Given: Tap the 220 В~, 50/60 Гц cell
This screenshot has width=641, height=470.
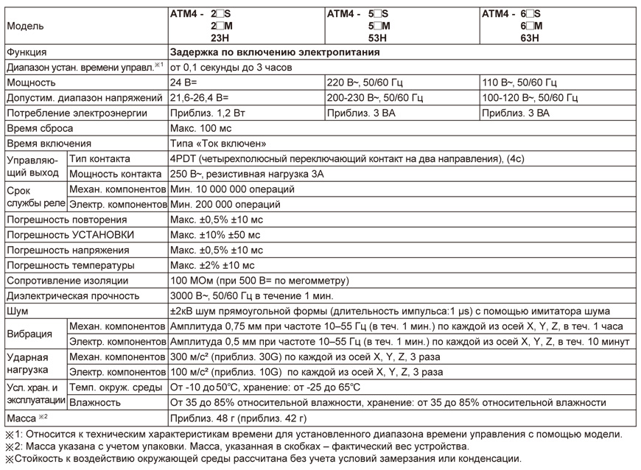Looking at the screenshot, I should point(374,83).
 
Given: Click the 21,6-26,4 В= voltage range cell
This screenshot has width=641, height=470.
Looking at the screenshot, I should point(200,98).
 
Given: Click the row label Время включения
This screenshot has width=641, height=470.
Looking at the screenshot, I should point(49,144).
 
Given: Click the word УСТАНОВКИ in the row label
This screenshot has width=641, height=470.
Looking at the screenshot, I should point(104,235).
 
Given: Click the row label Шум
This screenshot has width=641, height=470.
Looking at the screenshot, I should point(17,311).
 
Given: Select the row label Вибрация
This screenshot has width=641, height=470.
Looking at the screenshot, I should point(29,334).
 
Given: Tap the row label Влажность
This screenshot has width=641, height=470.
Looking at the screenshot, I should point(95,403).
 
